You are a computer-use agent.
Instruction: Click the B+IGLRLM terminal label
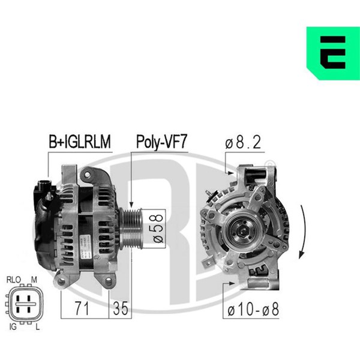[80, 142]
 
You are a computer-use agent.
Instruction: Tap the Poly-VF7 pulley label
[161, 142]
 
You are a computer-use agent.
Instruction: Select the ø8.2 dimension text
[243, 142]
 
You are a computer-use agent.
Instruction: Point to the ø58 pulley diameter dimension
[158, 229]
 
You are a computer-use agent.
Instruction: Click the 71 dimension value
[82, 308]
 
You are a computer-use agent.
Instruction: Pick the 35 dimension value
[121, 308]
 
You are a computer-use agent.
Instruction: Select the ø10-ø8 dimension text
[253, 309]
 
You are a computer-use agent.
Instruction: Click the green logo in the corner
[333, 53]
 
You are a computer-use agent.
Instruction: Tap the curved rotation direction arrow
[304, 232]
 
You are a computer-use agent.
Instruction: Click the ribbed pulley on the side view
[131, 229]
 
